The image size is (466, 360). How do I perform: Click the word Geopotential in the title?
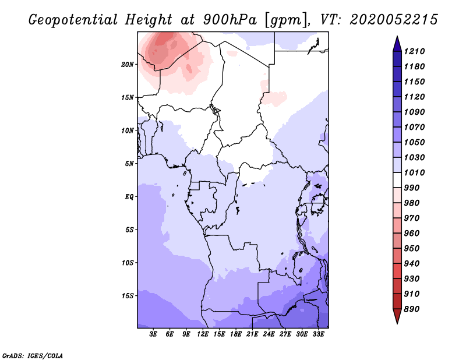point(73,20)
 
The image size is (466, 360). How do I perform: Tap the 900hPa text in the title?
point(230,20)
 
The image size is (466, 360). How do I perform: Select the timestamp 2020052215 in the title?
point(394,20)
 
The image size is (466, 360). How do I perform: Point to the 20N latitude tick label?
point(128,65)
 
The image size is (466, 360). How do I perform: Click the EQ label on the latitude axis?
point(129,197)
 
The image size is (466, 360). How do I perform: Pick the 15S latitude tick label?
point(128,296)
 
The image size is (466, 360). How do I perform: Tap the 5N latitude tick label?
point(129,164)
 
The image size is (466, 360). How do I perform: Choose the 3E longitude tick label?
point(153,334)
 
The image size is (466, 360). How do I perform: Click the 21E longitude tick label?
point(252,334)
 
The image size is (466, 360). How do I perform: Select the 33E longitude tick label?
point(318,334)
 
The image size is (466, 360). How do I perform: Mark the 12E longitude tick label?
point(202,334)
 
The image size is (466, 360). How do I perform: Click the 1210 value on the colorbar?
point(414,51)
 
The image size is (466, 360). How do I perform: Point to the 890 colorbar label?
point(412,309)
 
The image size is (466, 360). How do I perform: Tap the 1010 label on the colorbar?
point(414,172)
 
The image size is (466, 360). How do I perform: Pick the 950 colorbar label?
point(412,249)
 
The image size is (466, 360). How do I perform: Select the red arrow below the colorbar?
point(397,316)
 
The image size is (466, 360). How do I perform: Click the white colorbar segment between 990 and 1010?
point(397,180)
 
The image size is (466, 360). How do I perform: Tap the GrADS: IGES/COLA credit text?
point(33,356)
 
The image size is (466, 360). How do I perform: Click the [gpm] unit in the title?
point(286,20)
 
